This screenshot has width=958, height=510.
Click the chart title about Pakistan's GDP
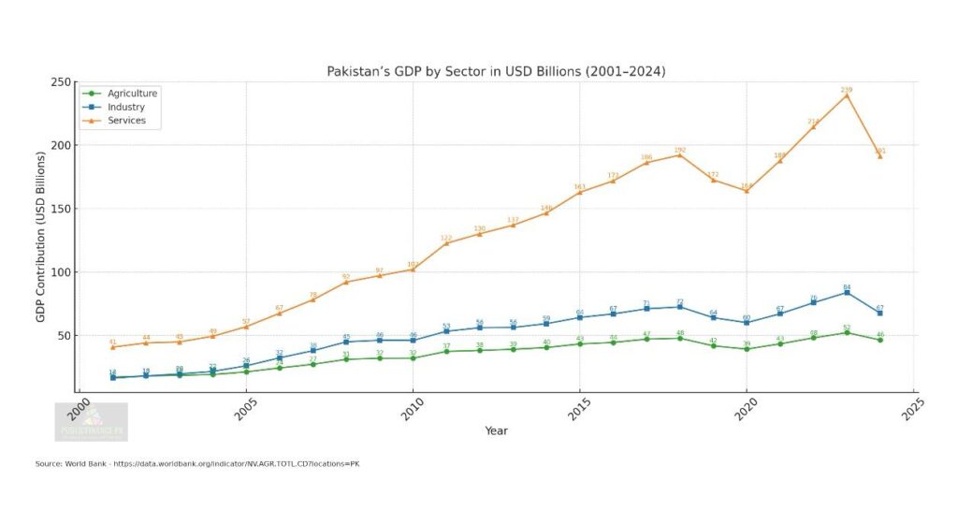(x=496, y=71)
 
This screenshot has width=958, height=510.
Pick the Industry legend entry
(x=126, y=108)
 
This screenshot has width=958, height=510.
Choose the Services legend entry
(x=127, y=121)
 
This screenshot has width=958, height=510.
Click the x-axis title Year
(x=497, y=430)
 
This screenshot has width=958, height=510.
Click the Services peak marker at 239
(x=847, y=95)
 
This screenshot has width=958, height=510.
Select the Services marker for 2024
(x=880, y=156)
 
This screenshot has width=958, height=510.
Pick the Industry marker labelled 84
(x=847, y=292)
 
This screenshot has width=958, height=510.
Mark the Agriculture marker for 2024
(x=880, y=340)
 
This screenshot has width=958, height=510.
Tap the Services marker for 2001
(x=113, y=347)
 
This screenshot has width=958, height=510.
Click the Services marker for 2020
(x=747, y=190)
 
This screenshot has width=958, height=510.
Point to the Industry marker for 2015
(x=580, y=317)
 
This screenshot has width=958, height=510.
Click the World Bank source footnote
(x=197, y=465)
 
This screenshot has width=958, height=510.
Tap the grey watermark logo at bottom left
(x=91, y=422)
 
